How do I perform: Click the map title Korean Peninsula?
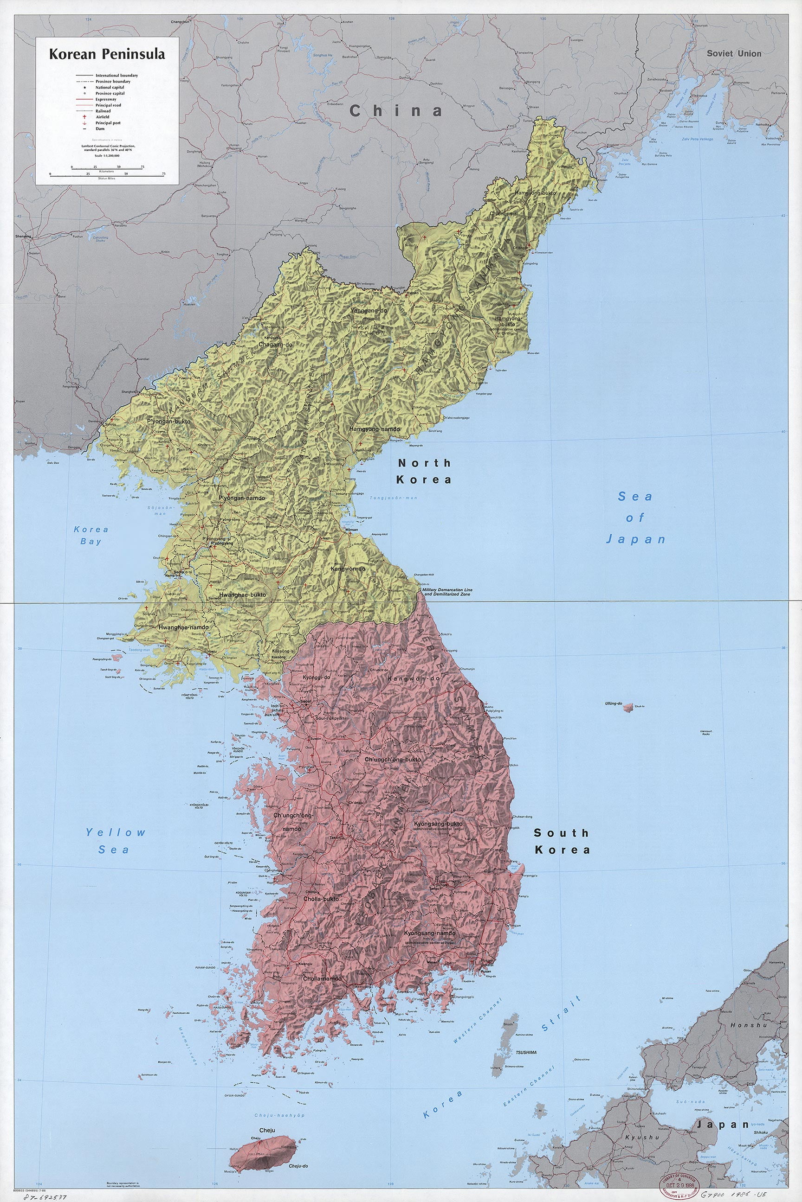click(x=107, y=54)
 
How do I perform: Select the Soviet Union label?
click(x=733, y=54)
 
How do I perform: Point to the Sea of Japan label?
click(x=635, y=517)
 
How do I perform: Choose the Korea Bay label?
click(x=91, y=535)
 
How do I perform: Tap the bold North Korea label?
click(x=424, y=471)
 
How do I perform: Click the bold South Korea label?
click(x=562, y=841)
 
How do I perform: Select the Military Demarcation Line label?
click(x=447, y=592)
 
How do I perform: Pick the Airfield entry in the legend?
click(x=102, y=117)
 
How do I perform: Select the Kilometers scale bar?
click(x=107, y=167)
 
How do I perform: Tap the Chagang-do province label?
click(x=275, y=345)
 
